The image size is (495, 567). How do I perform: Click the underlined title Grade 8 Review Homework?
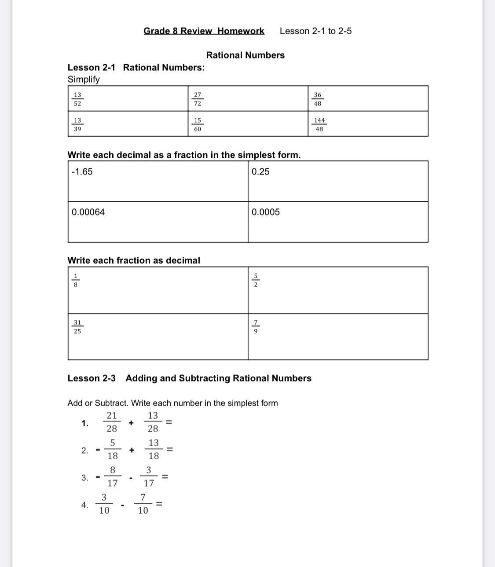tap(204, 31)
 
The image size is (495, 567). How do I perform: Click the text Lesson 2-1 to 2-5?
tap(315, 31)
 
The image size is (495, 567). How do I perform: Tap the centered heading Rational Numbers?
tap(245, 55)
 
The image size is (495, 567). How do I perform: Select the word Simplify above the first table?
tap(84, 80)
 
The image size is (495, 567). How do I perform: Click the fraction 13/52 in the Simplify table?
tap(77, 99)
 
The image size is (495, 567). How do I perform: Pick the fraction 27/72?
tap(198, 99)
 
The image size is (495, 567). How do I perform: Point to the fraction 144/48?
tap(319, 125)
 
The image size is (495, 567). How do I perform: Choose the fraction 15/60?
tap(198, 125)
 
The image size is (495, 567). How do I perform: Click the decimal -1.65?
tap(82, 172)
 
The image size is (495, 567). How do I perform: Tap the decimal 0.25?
tap(260, 172)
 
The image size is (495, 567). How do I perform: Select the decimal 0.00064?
tap(88, 212)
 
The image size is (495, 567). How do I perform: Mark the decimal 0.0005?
tap(266, 212)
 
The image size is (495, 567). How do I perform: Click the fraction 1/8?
tap(76, 280)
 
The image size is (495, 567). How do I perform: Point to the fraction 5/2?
tap(256, 280)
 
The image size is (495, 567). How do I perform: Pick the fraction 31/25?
tap(77, 327)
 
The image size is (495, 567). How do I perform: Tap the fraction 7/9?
tap(256, 327)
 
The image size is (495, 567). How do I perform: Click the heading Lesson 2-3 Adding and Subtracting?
tap(189, 378)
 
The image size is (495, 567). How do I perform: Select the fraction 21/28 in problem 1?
tap(112, 422)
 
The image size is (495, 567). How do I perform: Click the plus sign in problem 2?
tap(132, 450)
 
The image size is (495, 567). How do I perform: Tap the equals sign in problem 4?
tap(159, 504)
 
